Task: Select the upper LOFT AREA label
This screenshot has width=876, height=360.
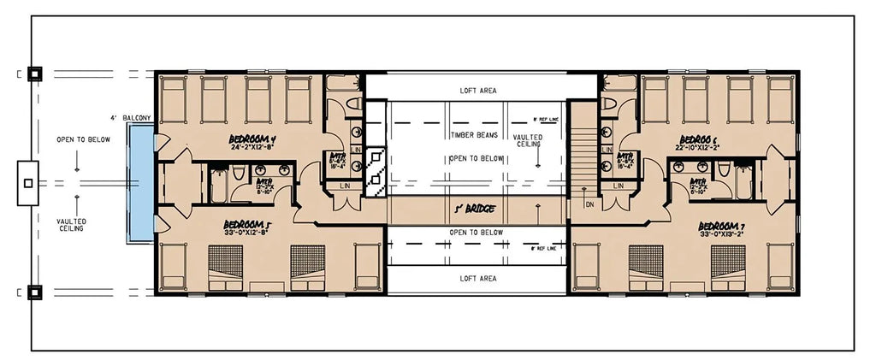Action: point(477,90)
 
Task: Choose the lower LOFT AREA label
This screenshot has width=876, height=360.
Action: point(477,279)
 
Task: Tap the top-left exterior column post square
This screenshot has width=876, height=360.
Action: point(33,74)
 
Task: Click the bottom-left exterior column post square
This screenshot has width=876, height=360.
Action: point(33,291)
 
